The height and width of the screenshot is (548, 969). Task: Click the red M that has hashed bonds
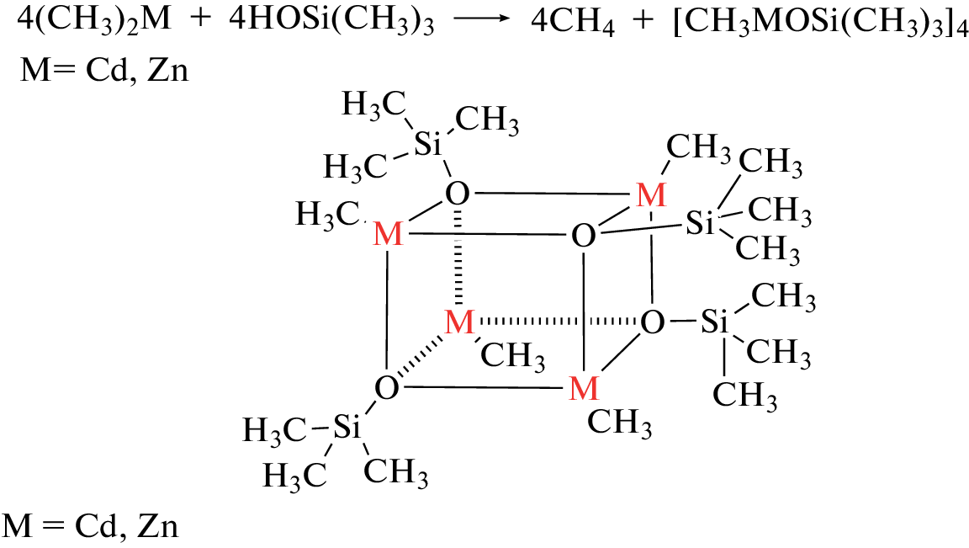click(x=459, y=322)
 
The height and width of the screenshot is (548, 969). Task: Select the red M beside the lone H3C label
click(x=388, y=235)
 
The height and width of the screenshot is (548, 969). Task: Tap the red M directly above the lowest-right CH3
click(x=584, y=388)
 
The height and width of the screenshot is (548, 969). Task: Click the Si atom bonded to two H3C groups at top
click(x=427, y=145)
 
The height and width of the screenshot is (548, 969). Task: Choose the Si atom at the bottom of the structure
click(x=347, y=428)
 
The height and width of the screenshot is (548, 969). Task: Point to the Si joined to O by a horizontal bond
click(x=714, y=322)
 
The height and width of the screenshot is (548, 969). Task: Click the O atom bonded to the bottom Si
click(x=387, y=388)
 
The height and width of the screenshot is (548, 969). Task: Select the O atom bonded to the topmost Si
click(x=458, y=194)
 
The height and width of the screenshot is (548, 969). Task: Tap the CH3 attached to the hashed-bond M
click(x=513, y=355)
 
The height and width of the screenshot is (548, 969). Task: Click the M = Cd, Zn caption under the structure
click(x=90, y=526)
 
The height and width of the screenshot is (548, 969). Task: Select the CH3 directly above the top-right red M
click(x=698, y=147)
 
